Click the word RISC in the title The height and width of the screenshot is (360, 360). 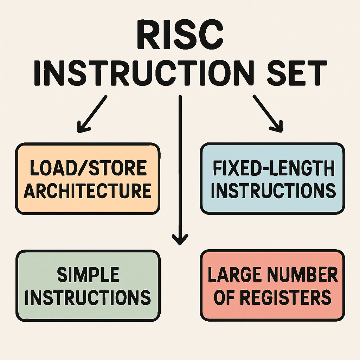coord(179,38)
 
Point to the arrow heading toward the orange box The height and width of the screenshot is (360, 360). coord(92,114)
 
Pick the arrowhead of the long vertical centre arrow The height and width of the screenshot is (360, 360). coord(180,240)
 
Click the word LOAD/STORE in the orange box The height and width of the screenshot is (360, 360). coord(88,168)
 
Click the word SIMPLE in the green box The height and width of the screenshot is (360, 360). coord(88,275)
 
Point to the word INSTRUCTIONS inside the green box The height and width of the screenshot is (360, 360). coord(88,297)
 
